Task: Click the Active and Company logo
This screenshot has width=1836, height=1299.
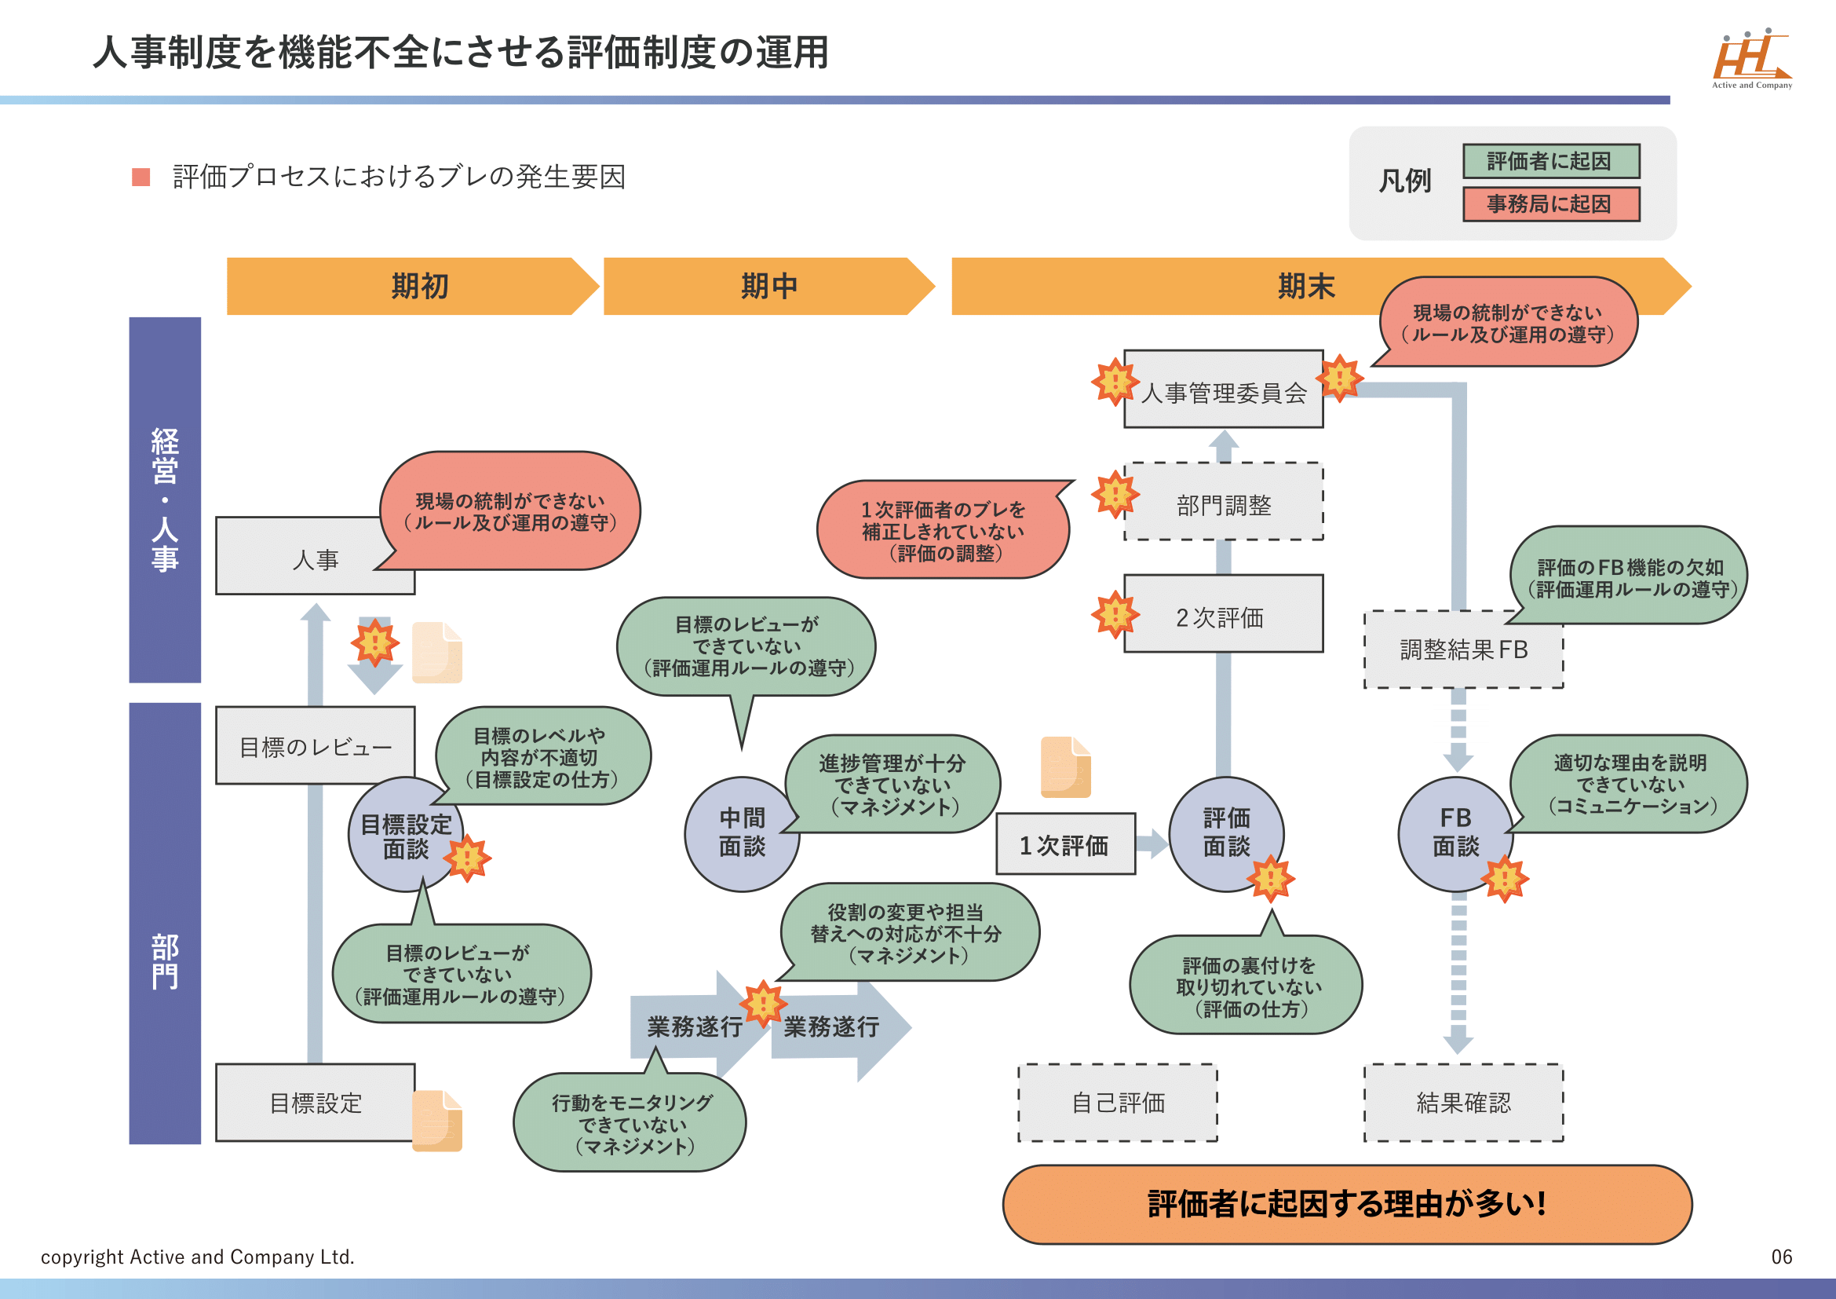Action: coord(1751,58)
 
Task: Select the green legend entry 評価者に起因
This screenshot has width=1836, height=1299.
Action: coord(1550,162)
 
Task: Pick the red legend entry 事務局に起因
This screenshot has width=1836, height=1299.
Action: coord(1550,204)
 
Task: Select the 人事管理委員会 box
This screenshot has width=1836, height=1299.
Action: coord(1223,391)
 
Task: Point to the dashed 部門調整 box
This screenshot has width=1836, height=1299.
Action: coord(1223,503)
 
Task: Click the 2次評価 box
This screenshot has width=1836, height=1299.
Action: coord(1223,615)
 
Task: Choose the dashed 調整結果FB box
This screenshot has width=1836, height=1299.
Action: coord(1462,649)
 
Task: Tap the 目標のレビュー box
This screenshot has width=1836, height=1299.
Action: coord(315,745)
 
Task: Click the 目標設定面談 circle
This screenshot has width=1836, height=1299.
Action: coord(404,835)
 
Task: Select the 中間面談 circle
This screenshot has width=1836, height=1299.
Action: coord(741,833)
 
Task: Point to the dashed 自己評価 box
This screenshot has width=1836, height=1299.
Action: coord(1117,1103)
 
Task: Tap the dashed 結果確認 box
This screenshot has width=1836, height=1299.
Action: coord(1462,1103)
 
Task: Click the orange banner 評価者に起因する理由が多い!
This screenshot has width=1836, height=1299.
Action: coord(1347,1204)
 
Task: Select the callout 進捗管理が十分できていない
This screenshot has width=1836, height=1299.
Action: coord(894,785)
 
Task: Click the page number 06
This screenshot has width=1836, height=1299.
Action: coord(1782,1257)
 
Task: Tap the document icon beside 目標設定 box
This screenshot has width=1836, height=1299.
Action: coord(437,1120)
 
